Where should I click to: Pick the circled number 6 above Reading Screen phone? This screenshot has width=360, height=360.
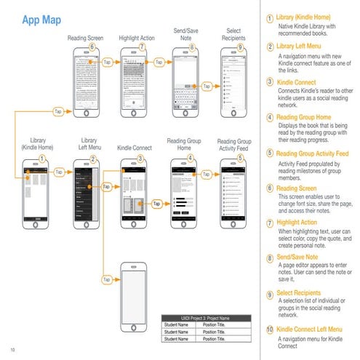point(92,47)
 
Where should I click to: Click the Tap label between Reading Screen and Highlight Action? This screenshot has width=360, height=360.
point(108,63)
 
